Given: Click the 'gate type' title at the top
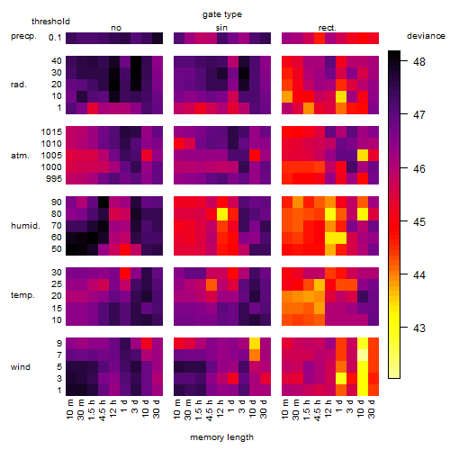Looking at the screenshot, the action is click(x=222, y=14).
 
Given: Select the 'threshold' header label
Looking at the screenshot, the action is click(x=50, y=22).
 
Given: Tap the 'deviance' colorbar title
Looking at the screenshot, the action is click(x=426, y=36).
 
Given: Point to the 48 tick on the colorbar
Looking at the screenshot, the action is click(x=419, y=61).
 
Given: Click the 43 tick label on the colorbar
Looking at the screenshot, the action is click(x=419, y=328).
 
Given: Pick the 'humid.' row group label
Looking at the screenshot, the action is click(x=25, y=226).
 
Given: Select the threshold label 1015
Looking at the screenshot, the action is click(x=51, y=131).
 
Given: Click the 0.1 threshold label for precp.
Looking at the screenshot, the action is click(x=55, y=38).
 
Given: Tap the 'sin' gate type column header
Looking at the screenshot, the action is click(x=221, y=28).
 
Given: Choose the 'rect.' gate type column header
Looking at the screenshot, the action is click(x=328, y=28).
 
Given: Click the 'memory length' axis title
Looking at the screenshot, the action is click(x=221, y=437).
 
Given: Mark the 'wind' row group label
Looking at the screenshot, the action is click(x=21, y=367).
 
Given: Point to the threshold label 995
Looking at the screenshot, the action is click(x=54, y=179).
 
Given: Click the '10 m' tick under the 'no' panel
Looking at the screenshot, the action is click(x=70, y=409).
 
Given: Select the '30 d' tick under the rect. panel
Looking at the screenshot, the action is click(x=372, y=409).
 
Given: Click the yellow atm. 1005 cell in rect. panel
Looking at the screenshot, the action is click(x=363, y=155).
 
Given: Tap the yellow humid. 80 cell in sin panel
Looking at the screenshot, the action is click(x=222, y=214).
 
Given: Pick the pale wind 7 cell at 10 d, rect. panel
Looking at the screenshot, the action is click(x=363, y=355).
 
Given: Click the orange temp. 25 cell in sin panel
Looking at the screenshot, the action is click(x=211, y=284).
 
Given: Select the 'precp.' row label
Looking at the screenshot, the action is click(x=23, y=36).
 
